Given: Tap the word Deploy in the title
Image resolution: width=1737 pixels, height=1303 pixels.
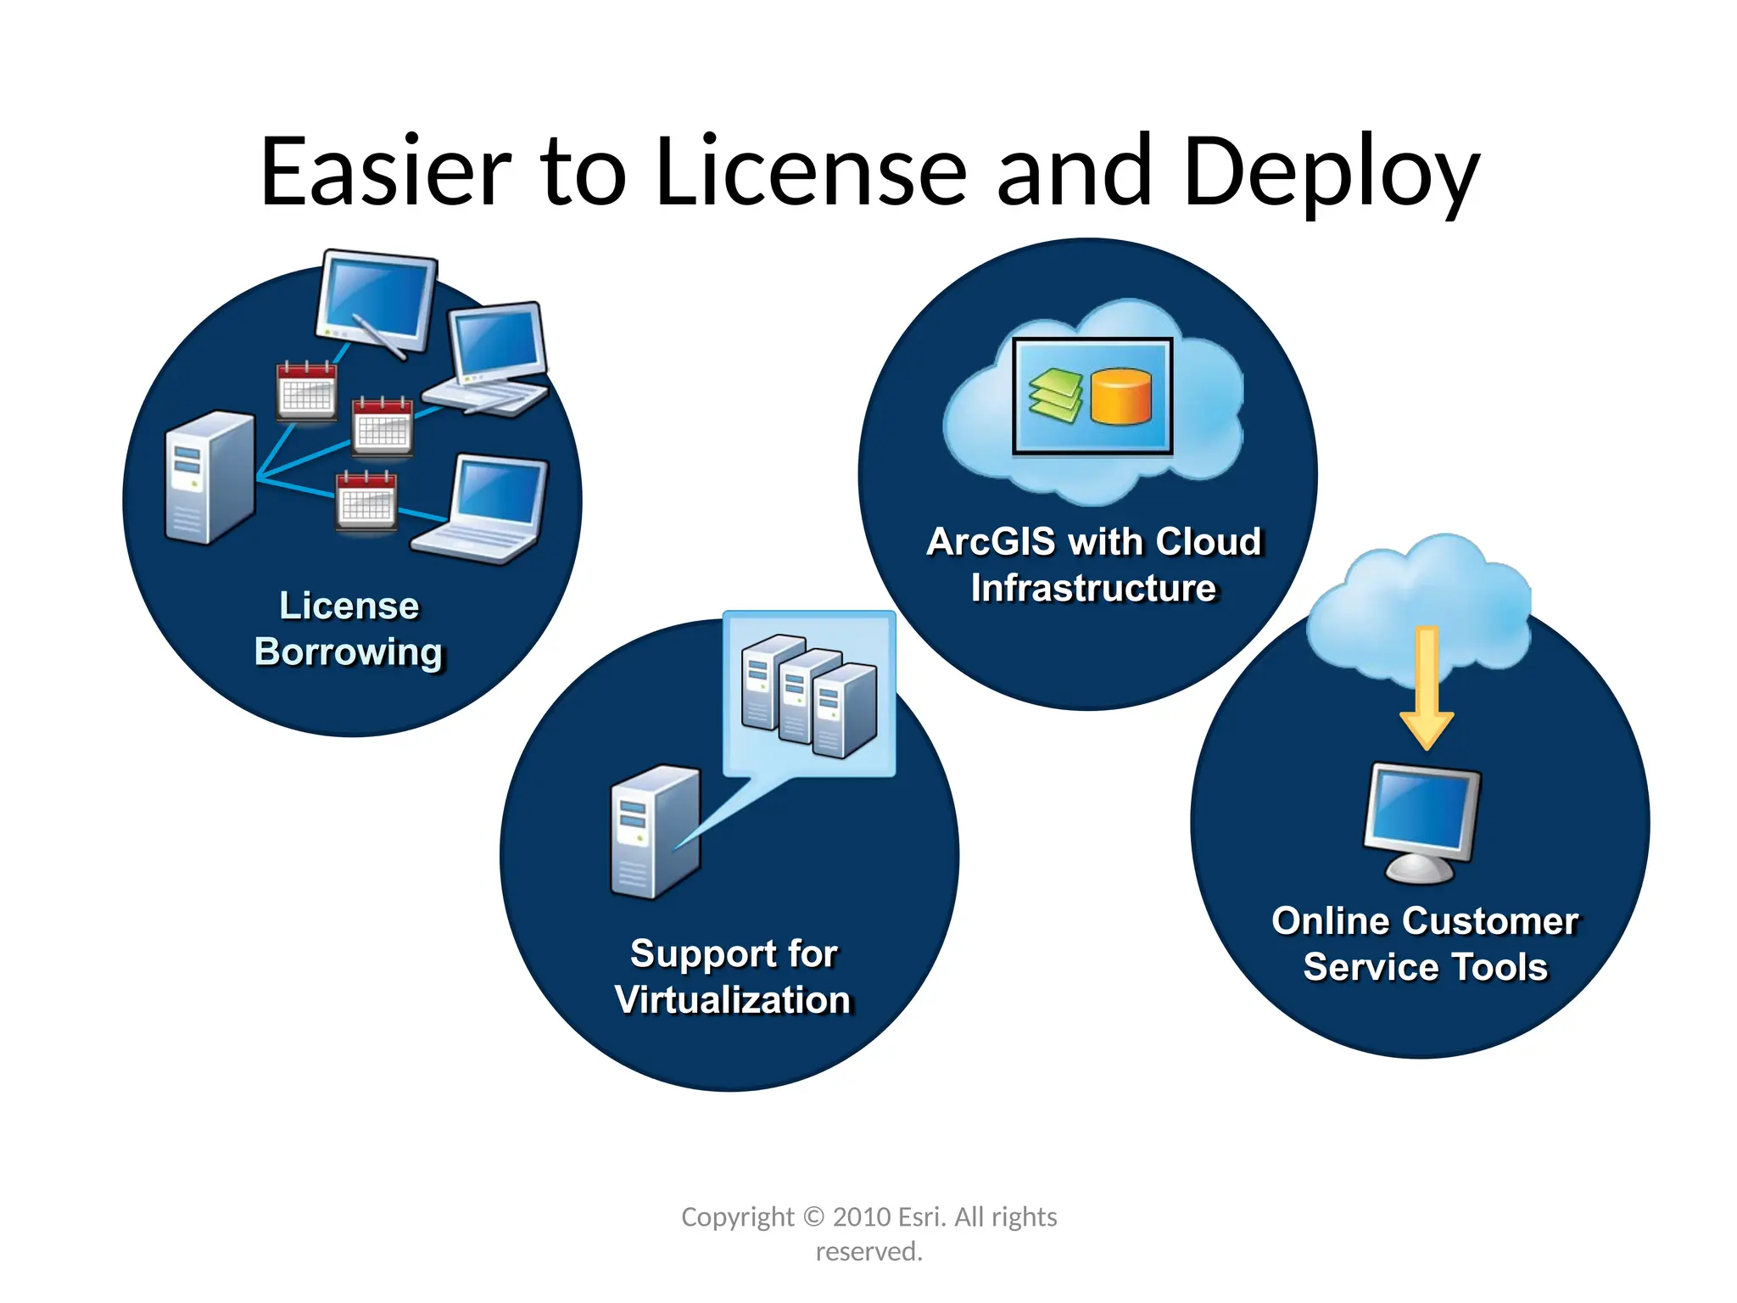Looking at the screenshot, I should click(x=1330, y=174).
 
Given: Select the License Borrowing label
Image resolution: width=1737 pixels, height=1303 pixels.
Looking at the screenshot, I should click(x=349, y=629).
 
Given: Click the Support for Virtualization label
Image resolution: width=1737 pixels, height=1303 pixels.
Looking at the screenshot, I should click(x=734, y=976).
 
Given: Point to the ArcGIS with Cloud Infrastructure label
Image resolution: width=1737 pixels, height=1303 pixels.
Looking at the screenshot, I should click(x=1094, y=565).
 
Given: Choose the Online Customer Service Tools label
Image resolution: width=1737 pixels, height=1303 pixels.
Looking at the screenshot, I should click(x=1425, y=943).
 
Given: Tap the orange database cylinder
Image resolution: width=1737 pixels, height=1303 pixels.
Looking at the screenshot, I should click(x=1120, y=396).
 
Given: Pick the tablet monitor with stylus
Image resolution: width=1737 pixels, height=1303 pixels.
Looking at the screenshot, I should click(x=377, y=302).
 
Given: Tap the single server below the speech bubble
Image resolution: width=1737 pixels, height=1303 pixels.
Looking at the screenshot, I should click(x=655, y=832).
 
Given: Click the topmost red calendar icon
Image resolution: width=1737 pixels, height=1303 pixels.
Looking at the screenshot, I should click(x=306, y=391).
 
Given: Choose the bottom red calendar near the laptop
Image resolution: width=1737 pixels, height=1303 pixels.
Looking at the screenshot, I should click(x=366, y=501).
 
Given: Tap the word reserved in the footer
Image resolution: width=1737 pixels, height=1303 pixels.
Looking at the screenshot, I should click(x=868, y=1251).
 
